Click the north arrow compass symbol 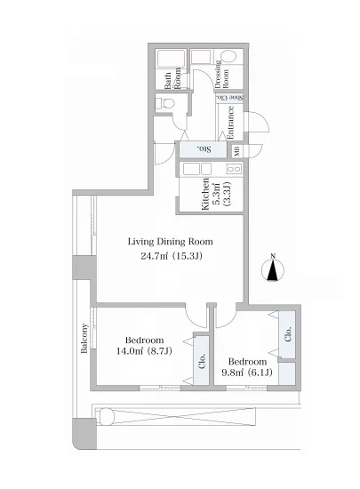click(x=273, y=269)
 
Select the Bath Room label click(x=172, y=78)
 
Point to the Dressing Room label click(x=221, y=74)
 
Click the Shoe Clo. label click(x=230, y=97)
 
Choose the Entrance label click(x=230, y=123)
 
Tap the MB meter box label click(x=236, y=151)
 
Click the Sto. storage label click(x=204, y=149)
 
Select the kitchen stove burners click(x=234, y=169)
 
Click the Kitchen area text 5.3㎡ click(x=216, y=194)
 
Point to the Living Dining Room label click(x=171, y=242)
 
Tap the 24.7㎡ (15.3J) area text click(x=172, y=256)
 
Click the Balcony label click(x=84, y=339)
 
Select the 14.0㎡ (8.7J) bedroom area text click(x=144, y=351)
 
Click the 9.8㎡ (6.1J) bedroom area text click(x=247, y=372)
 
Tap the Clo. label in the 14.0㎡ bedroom click(x=202, y=361)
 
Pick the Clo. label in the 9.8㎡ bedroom click(x=288, y=333)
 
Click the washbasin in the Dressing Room click(x=228, y=56)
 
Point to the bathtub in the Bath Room click(x=172, y=58)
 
